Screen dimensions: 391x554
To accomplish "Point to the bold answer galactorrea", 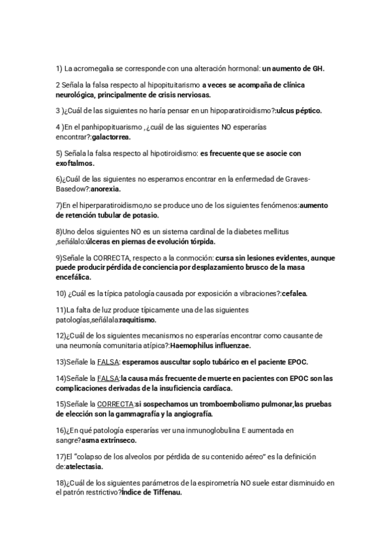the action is click(x=112, y=137).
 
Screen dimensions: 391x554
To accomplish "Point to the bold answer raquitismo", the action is click(x=138, y=319).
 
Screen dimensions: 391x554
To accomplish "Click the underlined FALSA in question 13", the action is click(x=108, y=362).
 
